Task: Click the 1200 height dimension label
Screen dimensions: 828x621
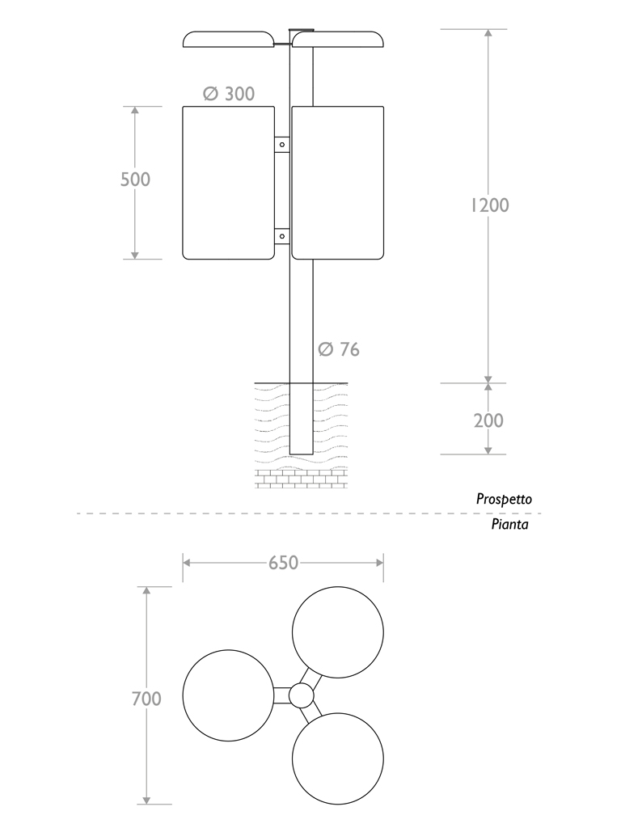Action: [x=489, y=205]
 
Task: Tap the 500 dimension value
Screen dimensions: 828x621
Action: [x=135, y=180]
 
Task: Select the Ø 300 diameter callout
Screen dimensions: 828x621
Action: [x=229, y=94]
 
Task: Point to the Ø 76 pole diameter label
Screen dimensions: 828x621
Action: [x=339, y=349]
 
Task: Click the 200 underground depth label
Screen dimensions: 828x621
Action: [x=488, y=420]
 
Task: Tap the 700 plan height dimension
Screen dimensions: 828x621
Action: [x=146, y=699]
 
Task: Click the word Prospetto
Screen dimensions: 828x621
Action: [x=504, y=500]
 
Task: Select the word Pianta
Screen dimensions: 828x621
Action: [x=509, y=525]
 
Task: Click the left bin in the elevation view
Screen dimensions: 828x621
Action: [x=229, y=183]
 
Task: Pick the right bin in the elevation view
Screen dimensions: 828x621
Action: [x=337, y=183]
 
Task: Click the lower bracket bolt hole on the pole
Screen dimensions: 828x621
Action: [x=282, y=236]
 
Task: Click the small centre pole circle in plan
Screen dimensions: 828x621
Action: [x=301, y=695]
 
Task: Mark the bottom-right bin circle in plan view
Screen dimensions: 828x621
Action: [x=337, y=760]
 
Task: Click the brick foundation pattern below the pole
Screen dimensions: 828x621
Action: [x=301, y=479]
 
